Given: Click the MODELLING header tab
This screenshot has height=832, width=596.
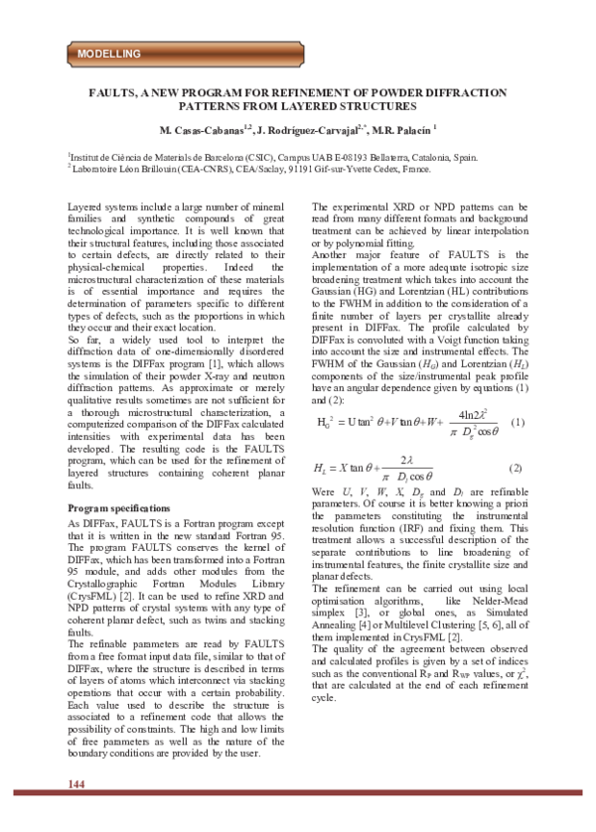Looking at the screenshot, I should tap(109, 53).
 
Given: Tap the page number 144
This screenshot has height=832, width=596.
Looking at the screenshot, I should tap(76, 812).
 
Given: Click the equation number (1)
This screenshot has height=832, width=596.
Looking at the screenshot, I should tap(517, 423).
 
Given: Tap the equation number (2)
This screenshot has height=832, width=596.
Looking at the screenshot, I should tap(516, 468).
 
